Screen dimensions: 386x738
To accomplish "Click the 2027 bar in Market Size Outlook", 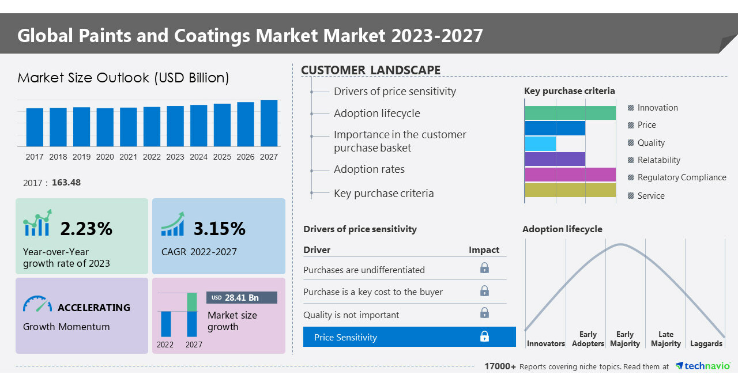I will tap(269, 123).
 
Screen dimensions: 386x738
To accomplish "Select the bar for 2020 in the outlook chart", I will tap(105, 127).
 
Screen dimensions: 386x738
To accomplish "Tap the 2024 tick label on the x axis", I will tap(198, 157).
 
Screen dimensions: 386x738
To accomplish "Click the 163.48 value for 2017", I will tap(66, 183).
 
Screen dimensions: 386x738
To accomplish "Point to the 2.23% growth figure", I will tap(86, 229).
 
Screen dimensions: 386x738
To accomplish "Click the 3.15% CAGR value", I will tap(220, 229).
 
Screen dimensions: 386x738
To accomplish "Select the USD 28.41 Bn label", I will tap(242, 298).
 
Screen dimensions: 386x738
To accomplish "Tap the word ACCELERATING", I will tap(94, 308).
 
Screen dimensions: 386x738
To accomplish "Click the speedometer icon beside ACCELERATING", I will tap(37, 305).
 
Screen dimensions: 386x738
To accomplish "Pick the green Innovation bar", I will tap(570, 113).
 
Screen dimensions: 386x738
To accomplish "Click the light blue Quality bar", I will tap(540, 143).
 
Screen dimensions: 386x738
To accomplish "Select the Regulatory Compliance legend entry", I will tap(681, 177).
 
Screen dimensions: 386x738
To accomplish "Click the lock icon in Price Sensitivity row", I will tap(484, 336).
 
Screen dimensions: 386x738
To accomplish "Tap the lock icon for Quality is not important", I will tap(484, 313).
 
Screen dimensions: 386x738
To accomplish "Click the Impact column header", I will tap(484, 250).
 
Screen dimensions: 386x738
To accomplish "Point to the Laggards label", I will tap(706, 343).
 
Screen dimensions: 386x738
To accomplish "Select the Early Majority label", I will tap(624, 339).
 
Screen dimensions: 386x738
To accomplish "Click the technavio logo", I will tap(703, 366).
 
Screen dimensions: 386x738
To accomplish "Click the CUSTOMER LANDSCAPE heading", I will tap(371, 70).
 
